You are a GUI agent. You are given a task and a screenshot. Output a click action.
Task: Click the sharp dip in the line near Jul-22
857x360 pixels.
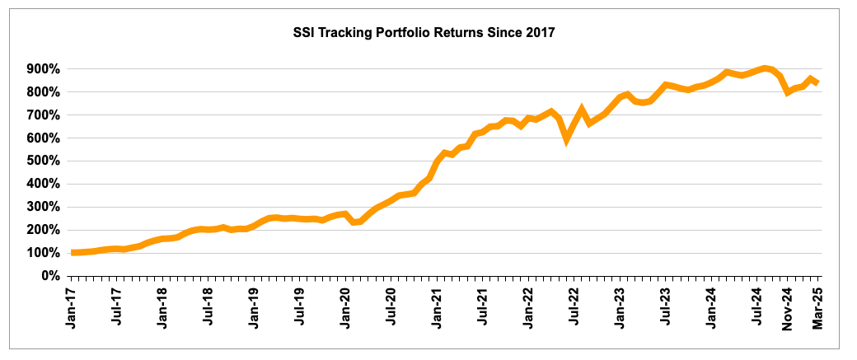(566, 139)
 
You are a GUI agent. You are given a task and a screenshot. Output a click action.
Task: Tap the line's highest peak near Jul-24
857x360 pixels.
(765, 68)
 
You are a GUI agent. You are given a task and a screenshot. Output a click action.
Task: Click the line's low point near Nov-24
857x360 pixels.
(788, 92)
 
